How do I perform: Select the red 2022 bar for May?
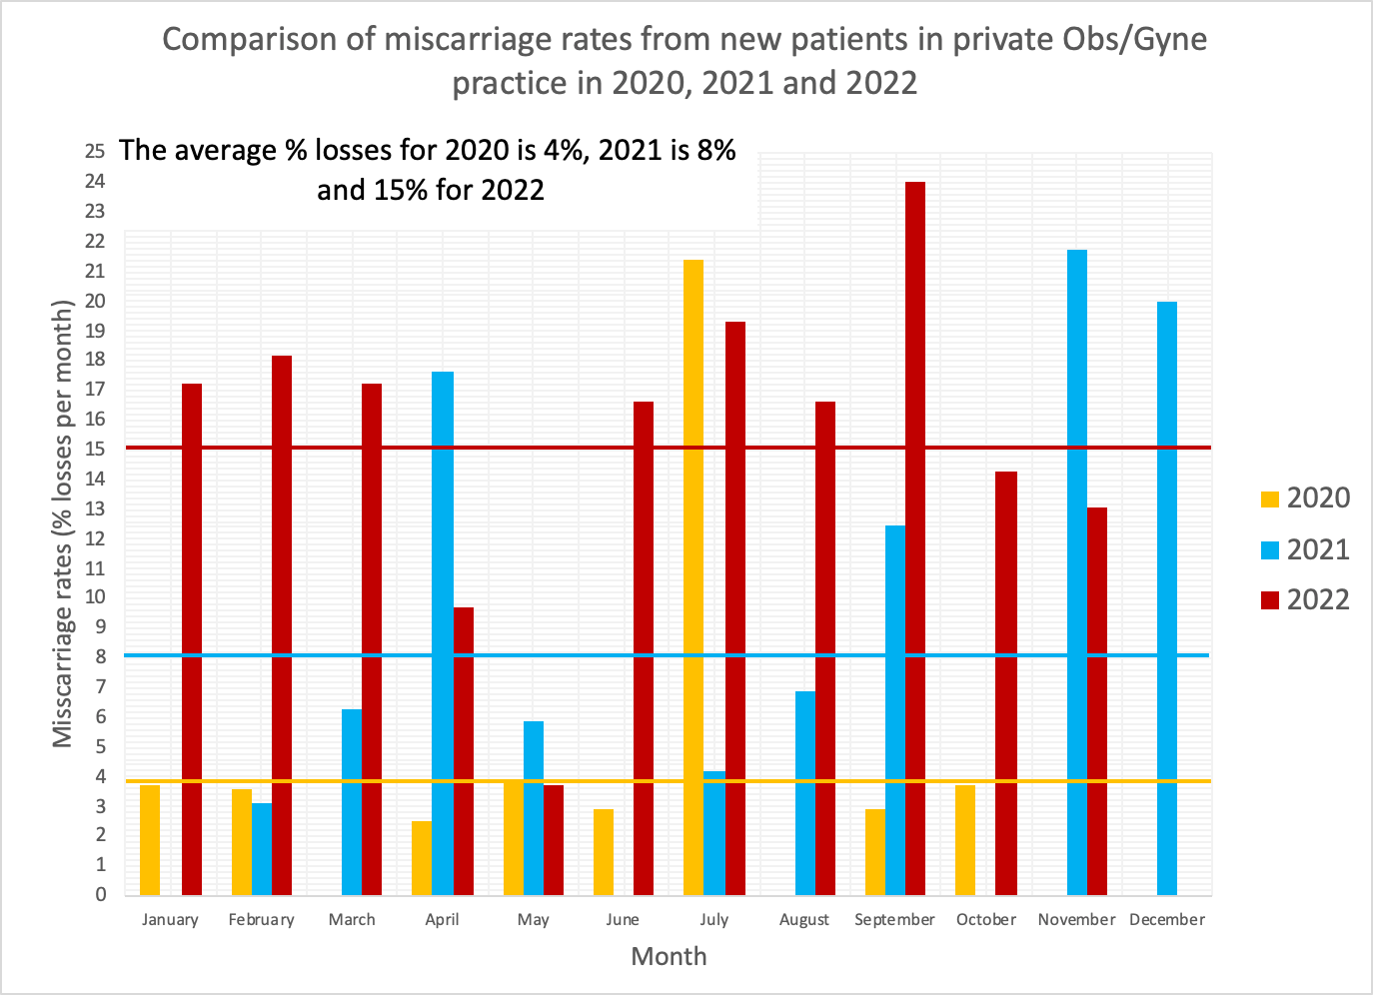553,839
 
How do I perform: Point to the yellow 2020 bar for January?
150,839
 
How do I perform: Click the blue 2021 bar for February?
261,848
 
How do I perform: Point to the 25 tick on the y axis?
95,152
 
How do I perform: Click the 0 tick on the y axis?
100,894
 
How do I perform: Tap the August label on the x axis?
803,920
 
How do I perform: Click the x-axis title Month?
669,956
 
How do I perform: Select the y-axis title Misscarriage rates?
63,524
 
